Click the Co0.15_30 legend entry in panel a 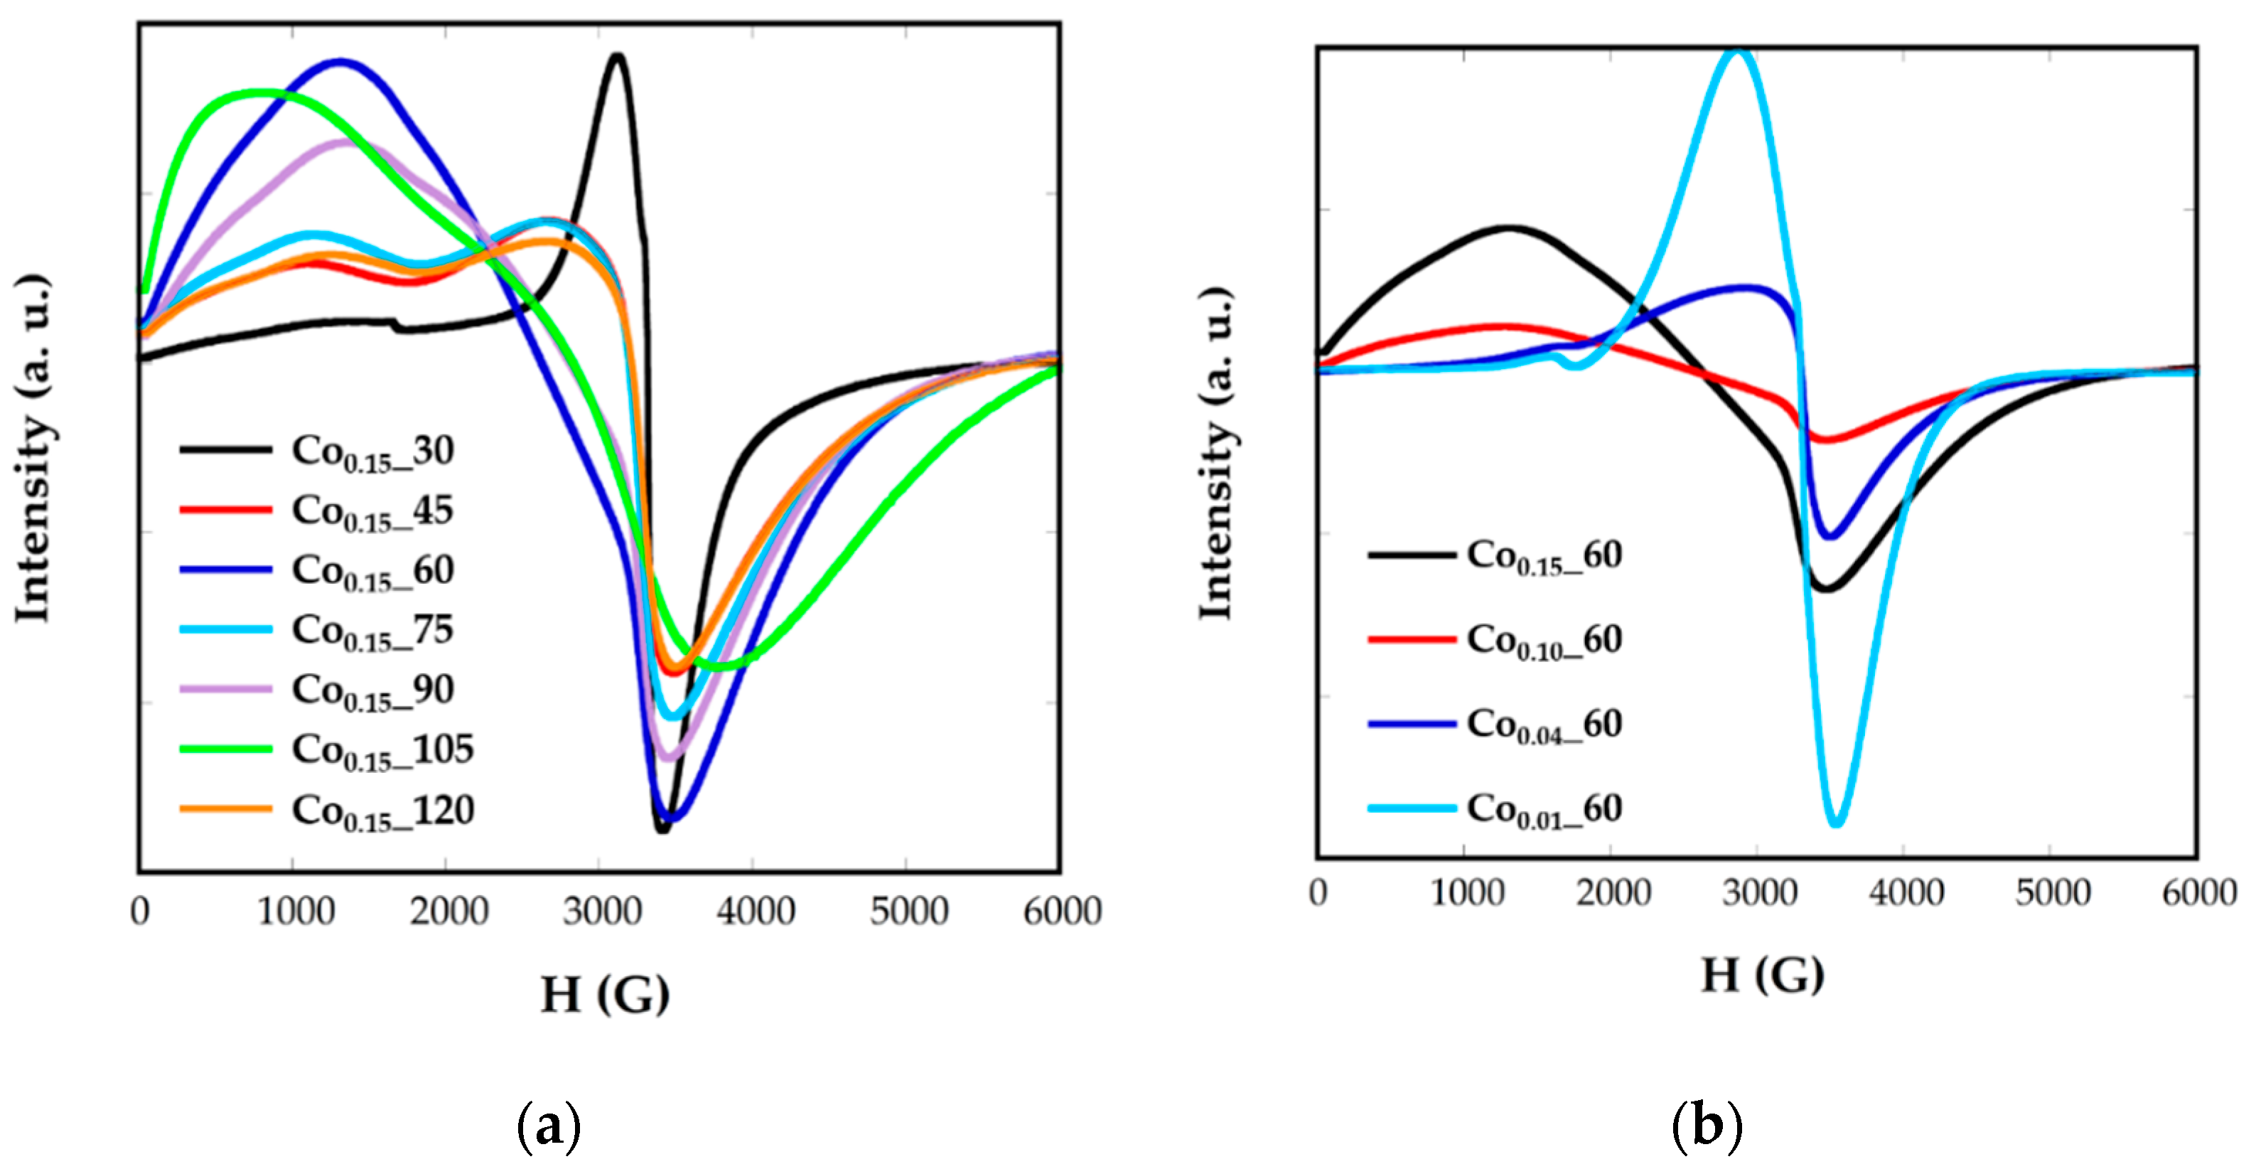coord(373,451)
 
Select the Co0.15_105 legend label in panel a coord(382,750)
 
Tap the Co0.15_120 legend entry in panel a coord(382,811)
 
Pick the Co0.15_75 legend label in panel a coord(373,630)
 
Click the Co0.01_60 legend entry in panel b coord(1544,809)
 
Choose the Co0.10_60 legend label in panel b coord(1544,640)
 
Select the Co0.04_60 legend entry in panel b coord(1544,724)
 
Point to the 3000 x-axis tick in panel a coord(601,912)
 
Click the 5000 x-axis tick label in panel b coord(2052,893)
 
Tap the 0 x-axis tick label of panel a coord(140,912)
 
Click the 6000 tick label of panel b coord(2198,893)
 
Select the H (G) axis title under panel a coord(605,994)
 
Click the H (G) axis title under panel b coord(1762,975)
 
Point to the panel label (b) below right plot coord(1706,1125)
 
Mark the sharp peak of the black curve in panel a coord(618,57)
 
